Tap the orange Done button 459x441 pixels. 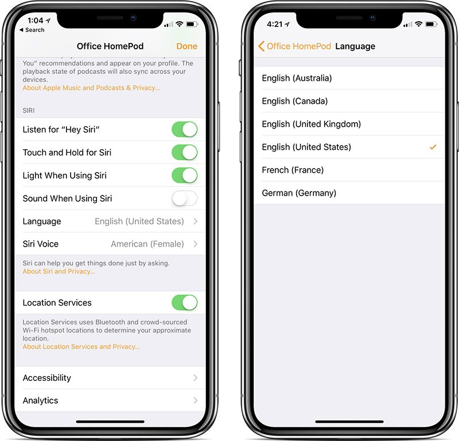(x=187, y=46)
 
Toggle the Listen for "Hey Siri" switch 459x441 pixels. (x=184, y=130)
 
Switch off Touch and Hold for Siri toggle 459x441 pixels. (x=184, y=153)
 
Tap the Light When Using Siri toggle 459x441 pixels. (x=184, y=175)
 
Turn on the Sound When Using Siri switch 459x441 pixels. (x=184, y=198)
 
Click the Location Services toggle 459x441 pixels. (x=184, y=303)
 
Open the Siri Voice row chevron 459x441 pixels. (x=196, y=244)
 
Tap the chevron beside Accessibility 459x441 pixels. (x=196, y=378)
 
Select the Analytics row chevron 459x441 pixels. (x=196, y=400)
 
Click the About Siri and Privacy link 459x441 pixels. (x=59, y=271)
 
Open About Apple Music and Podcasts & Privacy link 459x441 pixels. (x=91, y=88)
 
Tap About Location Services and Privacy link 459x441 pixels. (x=81, y=346)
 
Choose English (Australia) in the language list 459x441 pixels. (x=297, y=78)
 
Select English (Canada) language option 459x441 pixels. (x=295, y=101)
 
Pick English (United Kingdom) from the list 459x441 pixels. (x=312, y=124)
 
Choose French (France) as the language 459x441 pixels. (x=293, y=170)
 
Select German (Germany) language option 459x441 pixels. (x=299, y=193)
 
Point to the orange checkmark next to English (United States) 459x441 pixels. (x=433, y=147)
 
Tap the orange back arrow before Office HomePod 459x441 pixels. (x=262, y=46)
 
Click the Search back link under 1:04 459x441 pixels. (x=32, y=30)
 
